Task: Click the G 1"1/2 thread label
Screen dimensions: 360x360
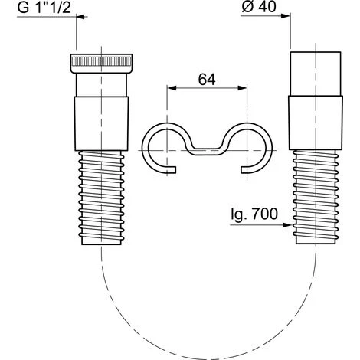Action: point(44,8)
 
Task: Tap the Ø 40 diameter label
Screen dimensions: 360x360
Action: point(259,7)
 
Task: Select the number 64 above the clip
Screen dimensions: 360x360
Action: point(207,80)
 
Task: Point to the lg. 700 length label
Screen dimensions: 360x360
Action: point(254,214)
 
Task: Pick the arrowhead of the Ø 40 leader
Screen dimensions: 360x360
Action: point(286,16)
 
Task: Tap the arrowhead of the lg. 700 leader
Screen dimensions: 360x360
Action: point(287,225)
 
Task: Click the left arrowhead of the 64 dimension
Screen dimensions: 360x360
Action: point(172,88)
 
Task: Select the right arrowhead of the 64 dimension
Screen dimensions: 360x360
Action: point(242,88)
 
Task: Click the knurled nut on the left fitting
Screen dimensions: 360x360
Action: point(101,64)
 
